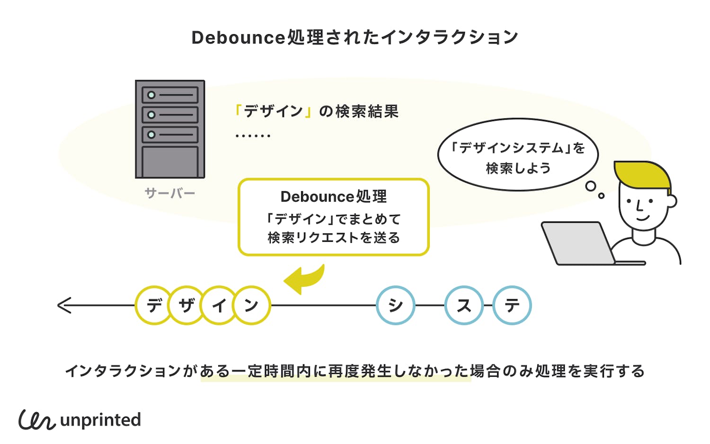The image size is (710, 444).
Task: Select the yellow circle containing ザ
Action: pos(186,305)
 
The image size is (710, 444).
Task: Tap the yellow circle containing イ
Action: pos(219,305)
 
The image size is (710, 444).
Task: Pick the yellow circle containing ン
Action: pos(252,305)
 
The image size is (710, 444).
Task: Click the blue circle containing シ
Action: pos(396,305)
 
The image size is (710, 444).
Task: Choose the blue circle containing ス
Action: pos(464,305)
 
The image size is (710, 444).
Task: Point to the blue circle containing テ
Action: pos(512,305)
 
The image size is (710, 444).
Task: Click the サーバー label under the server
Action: pos(170,193)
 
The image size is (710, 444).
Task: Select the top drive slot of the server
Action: pos(170,95)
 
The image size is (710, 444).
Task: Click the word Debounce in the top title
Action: pos(238,37)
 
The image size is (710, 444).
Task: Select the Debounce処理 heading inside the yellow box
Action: pos(334,196)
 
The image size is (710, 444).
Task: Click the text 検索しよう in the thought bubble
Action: pos(518,168)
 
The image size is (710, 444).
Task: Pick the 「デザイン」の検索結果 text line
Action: pos(317,111)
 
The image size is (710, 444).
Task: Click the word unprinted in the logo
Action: pos(101,420)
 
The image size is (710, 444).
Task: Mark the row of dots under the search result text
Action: pos(253,136)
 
